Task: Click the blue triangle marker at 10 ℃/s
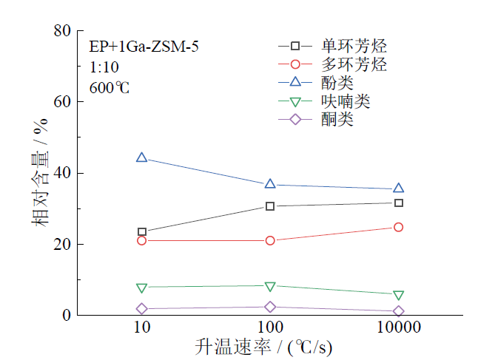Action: coord(142,157)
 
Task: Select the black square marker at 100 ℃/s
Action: coord(270,206)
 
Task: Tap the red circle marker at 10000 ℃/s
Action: coord(398,227)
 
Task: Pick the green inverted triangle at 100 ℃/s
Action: coord(270,286)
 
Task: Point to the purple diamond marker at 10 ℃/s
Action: coord(142,308)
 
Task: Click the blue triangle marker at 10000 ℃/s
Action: coord(398,189)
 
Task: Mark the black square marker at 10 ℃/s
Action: coord(142,232)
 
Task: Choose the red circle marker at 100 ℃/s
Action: coord(270,240)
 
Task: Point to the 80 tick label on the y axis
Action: coord(62,31)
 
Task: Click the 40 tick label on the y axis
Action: coord(62,173)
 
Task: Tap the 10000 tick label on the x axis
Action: coord(398,327)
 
